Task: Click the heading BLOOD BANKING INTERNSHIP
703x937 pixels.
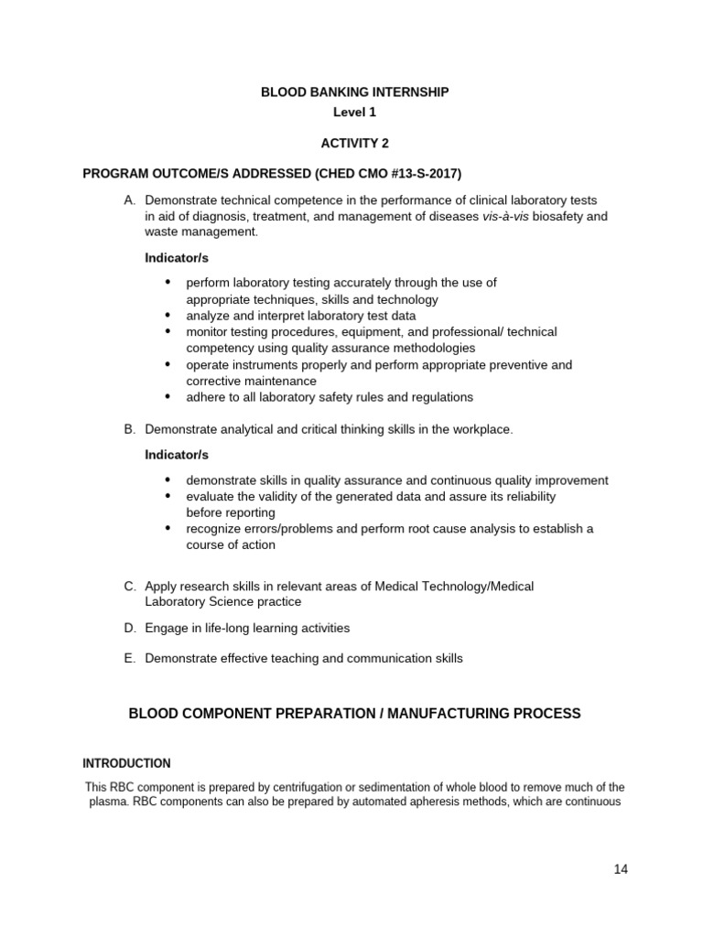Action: [x=355, y=92]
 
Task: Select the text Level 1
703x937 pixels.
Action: [x=354, y=113]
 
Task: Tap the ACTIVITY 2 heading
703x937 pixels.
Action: [x=354, y=144]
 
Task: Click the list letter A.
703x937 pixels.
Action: [x=129, y=200]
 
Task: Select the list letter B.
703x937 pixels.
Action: [x=129, y=429]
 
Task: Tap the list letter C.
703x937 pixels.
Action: [x=129, y=586]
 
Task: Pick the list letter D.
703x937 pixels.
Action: [x=129, y=628]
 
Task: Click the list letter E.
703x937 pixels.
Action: [x=129, y=658]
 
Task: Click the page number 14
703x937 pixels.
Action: [x=621, y=869]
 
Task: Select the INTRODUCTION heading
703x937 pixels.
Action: [x=126, y=763]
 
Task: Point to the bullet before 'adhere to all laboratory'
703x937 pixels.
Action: [x=168, y=397]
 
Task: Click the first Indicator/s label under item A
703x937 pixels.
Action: [x=177, y=258]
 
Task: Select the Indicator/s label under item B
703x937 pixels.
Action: [x=177, y=455]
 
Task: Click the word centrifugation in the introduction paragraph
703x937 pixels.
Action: [x=295, y=788]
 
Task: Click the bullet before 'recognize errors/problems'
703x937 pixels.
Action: [x=168, y=529]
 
